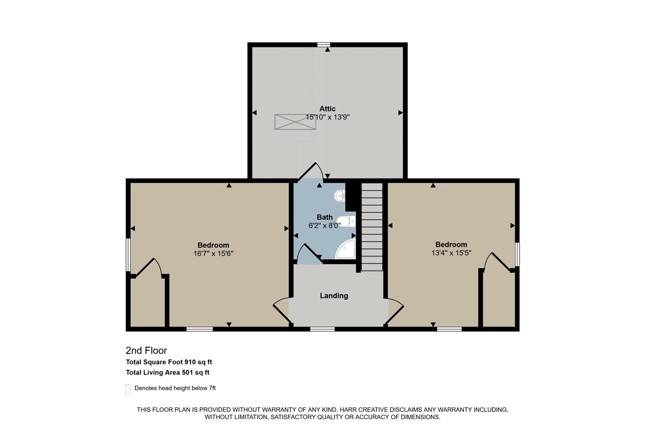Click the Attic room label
(327, 108)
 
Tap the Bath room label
(325, 217)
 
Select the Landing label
(334, 296)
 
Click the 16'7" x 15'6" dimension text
(213, 254)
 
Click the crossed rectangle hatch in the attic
(295, 121)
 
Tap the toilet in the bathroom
(346, 221)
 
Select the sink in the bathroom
(340, 195)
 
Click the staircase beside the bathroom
(372, 227)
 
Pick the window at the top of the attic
(324, 45)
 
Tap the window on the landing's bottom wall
(322, 329)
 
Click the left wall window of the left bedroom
(128, 255)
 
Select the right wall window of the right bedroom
(517, 255)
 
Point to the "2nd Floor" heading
(146, 350)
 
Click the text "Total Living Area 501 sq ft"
(167, 373)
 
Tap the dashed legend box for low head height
(128, 389)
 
